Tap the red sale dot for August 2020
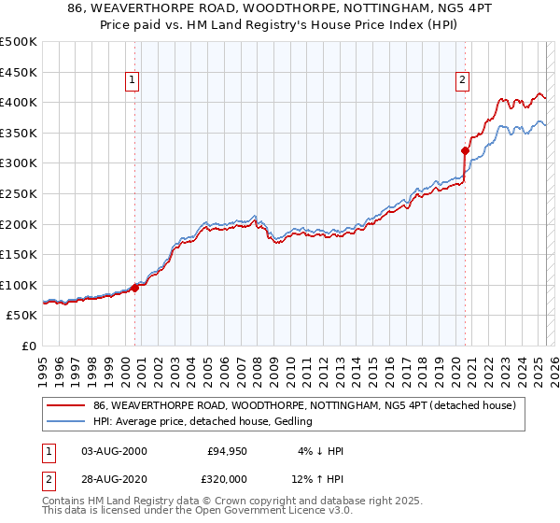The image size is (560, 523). point(465,149)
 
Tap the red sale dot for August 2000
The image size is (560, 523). point(134,288)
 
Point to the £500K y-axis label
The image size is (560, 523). point(19,42)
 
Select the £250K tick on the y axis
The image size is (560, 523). point(19,194)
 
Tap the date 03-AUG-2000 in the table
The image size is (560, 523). point(114,450)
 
